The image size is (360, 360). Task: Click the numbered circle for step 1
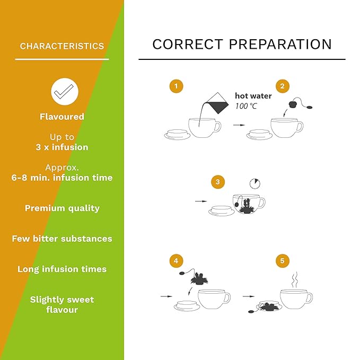[177, 86]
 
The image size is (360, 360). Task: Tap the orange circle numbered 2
[283, 86]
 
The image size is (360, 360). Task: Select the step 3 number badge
[218, 182]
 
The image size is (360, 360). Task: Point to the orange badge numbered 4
[177, 261]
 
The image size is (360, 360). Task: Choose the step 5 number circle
[283, 261]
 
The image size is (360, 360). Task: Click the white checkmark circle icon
[65, 92]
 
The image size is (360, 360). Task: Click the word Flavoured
[62, 117]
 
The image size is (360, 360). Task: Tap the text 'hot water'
[253, 96]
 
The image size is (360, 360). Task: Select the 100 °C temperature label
[246, 106]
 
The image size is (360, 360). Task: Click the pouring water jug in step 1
[217, 104]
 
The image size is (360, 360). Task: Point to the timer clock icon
[255, 183]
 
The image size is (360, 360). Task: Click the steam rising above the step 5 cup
[295, 279]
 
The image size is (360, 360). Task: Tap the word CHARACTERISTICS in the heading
[62, 46]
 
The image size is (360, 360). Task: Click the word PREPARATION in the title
[280, 44]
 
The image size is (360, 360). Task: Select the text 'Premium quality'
[62, 208]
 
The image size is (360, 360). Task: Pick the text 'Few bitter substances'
[62, 239]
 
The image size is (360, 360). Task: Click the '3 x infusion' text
[62, 147]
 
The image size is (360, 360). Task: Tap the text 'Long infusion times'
[62, 269]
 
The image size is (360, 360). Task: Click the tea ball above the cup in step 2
[293, 104]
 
